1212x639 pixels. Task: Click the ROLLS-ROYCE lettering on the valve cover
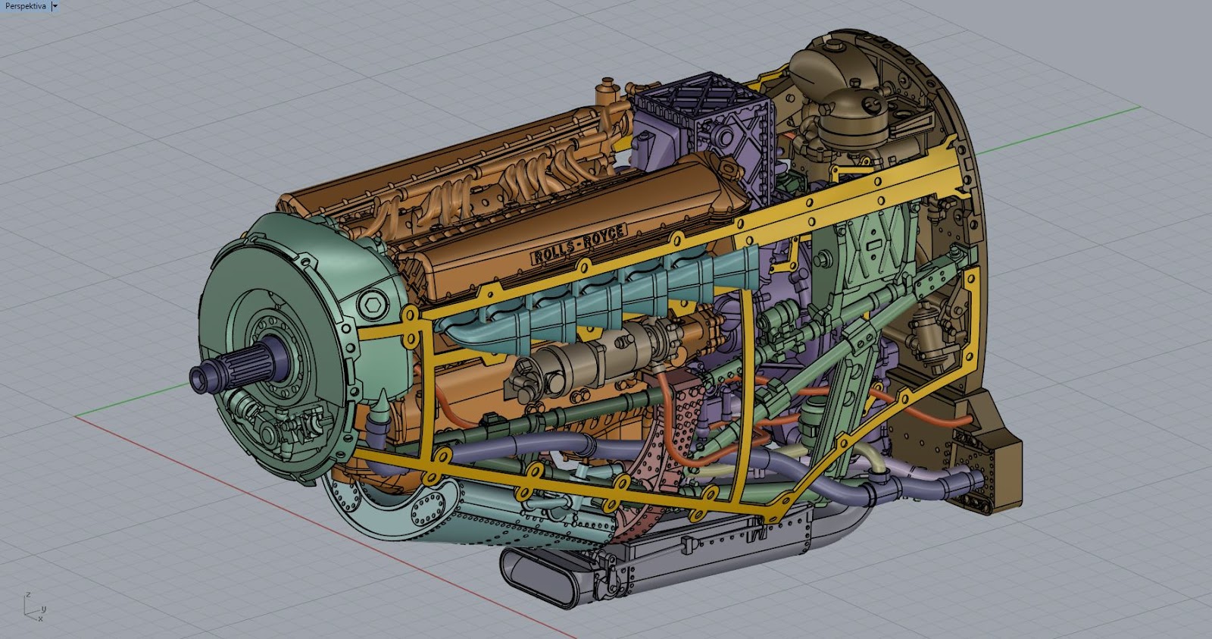[579, 244]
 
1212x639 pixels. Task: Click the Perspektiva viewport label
[25, 5]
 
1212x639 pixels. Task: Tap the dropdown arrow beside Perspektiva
[55, 5]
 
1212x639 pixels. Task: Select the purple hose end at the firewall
[977, 479]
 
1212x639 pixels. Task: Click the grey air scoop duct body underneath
[720, 553]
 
